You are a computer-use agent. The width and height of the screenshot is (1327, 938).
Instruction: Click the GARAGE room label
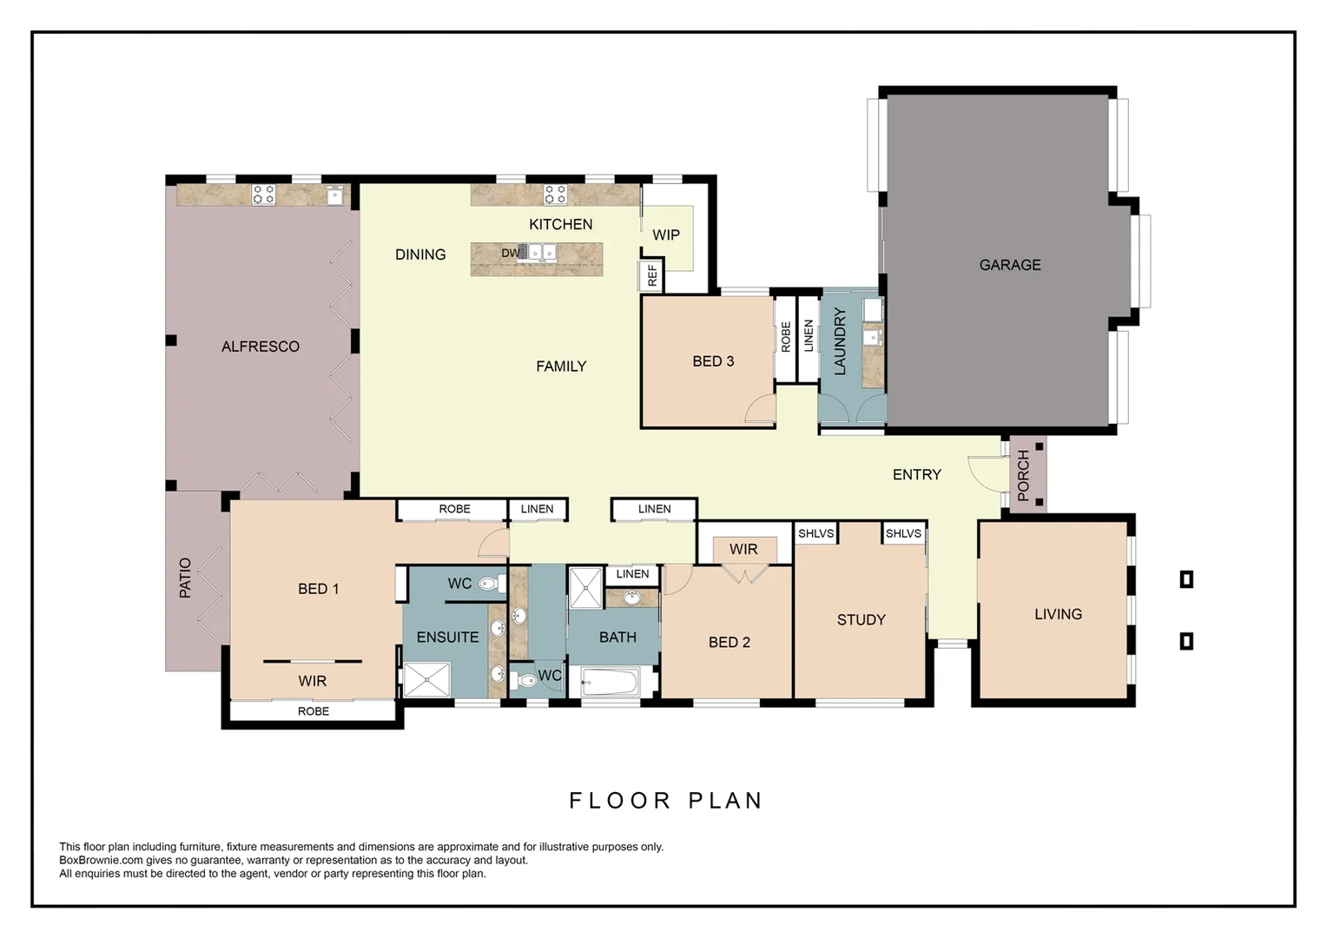click(1009, 265)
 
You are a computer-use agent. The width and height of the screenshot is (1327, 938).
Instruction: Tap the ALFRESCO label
click(260, 347)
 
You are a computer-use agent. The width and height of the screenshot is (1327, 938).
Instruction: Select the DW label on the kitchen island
click(511, 254)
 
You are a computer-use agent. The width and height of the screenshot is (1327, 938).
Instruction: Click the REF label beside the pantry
click(652, 276)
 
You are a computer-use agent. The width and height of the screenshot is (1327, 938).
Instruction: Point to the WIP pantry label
click(666, 235)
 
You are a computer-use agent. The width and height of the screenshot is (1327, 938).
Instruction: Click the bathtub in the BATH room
click(611, 683)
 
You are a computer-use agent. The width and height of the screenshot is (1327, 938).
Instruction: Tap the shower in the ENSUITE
click(427, 679)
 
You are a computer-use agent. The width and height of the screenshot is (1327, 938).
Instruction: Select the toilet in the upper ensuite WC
click(489, 584)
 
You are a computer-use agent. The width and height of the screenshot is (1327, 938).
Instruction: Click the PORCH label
click(1023, 475)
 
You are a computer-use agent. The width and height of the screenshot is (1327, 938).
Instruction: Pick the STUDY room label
click(861, 620)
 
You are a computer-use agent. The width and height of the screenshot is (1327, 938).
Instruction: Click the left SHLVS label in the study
click(815, 533)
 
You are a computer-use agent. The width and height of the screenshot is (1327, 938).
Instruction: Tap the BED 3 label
click(713, 361)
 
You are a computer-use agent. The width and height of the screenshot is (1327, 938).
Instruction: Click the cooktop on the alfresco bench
click(263, 195)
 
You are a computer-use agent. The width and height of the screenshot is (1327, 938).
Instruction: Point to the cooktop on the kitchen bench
click(555, 194)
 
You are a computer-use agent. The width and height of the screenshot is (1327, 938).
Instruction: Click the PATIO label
click(185, 578)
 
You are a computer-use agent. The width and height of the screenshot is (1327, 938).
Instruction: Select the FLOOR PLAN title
click(665, 800)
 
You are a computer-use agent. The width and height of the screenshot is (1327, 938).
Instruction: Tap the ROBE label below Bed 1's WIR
click(314, 711)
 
